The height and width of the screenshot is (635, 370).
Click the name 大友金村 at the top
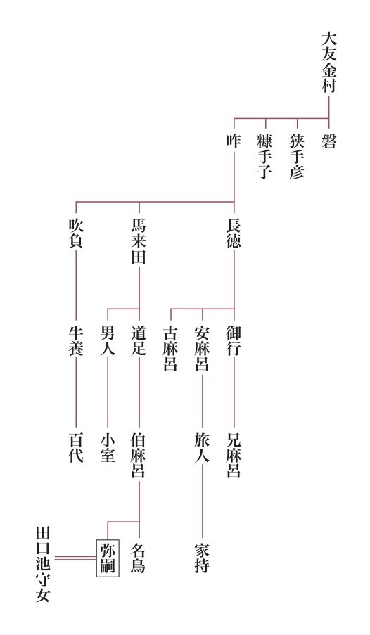point(328,63)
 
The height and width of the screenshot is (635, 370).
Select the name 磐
point(328,141)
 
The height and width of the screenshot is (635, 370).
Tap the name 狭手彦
point(297,157)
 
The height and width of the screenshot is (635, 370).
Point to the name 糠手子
point(265,157)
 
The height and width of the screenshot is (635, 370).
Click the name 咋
point(234,141)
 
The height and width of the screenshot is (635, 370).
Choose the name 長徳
point(234,233)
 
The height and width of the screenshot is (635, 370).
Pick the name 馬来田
point(139,241)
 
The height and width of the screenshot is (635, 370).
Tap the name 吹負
point(76,233)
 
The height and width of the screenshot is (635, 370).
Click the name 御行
point(234,341)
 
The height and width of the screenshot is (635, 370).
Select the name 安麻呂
point(202,349)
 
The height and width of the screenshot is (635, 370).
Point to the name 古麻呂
point(171,349)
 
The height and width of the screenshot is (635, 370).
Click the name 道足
point(139,341)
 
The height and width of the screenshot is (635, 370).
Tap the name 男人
point(108,341)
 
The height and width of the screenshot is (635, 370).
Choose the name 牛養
point(76,341)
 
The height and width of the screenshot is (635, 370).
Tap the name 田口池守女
point(44,564)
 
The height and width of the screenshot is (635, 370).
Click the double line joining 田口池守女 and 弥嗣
point(75,558)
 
